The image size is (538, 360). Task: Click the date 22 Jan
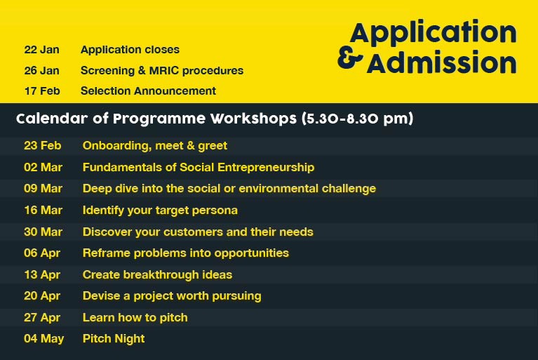[x=41, y=50]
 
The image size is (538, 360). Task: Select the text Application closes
[x=130, y=50]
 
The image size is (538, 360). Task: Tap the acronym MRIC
[x=164, y=71]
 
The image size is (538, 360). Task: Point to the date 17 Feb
[x=42, y=91]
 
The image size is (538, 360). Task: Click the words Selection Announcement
[x=148, y=91]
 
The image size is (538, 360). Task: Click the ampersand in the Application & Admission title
[x=350, y=58]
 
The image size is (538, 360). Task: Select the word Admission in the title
[x=442, y=62]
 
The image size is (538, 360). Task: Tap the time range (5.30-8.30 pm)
[x=358, y=119]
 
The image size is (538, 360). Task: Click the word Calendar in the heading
[x=52, y=119]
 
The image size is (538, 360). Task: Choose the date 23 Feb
[x=43, y=145]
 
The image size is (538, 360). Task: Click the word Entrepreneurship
[x=266, y=168]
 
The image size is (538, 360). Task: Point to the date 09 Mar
[x=43, y=188]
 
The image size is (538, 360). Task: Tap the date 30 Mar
[x=43, y=232]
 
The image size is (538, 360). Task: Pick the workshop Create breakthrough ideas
[x=158, y=274]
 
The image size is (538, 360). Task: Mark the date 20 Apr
[x=42, y=296]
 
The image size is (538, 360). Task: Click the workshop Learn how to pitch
[x=135, y=318]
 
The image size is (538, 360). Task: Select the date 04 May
[x=44, y=339]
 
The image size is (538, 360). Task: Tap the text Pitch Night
[x=114, y=339]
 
